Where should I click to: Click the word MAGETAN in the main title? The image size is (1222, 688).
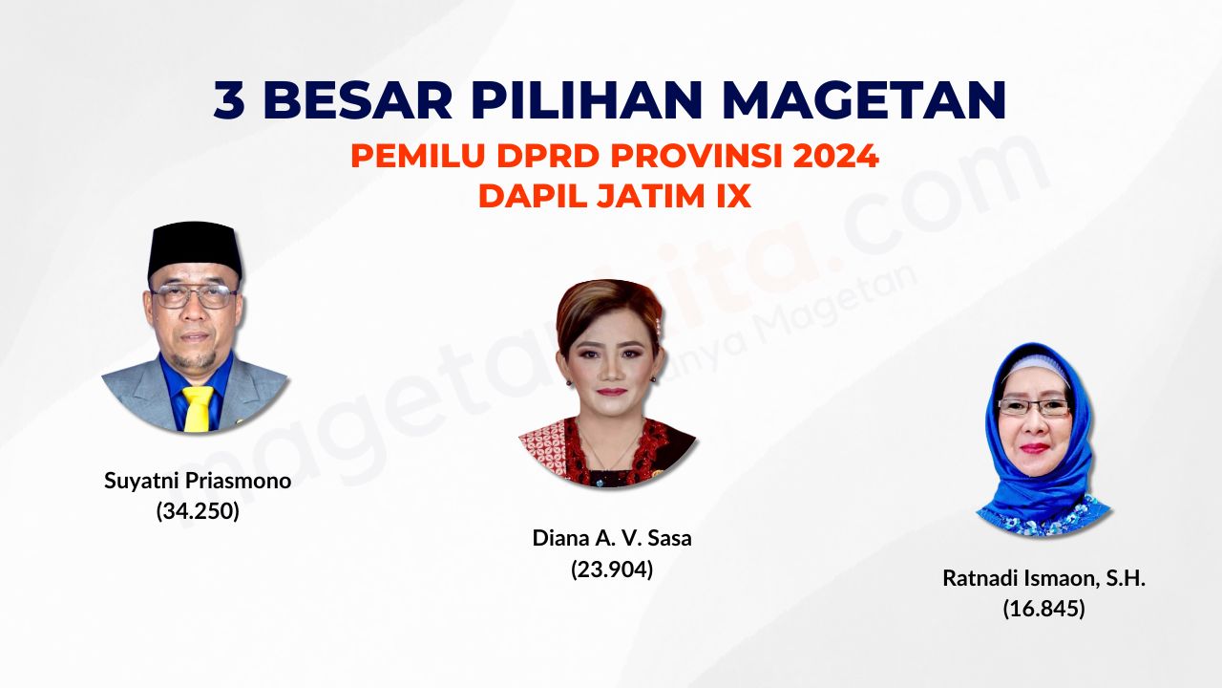coord(866,100)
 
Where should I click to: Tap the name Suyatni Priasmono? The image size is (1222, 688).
coord(198,481)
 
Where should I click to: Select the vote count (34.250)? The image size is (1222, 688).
coord(198,511)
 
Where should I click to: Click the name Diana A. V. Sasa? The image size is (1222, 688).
coord(612,538)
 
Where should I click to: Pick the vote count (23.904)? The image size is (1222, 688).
coord(612,569)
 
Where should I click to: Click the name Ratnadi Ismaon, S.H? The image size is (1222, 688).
coord(1044,578)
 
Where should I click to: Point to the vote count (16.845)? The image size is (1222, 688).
coord(1044,609)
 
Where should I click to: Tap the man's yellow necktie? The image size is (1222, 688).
coord(198,408)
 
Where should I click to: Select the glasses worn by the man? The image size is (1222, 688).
coord(194,296)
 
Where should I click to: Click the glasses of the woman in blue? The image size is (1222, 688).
coord(1034,407)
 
